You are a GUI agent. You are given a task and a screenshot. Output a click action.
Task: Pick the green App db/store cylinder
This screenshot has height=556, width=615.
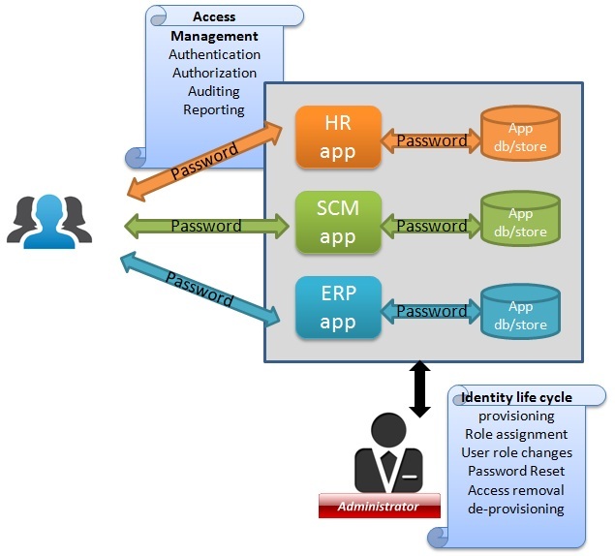[x=520, y=222]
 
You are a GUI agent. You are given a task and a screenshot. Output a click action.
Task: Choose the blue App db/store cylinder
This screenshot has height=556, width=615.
[x=520, y=307]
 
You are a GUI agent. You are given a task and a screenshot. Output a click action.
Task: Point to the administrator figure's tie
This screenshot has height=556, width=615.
[x=387, y=466]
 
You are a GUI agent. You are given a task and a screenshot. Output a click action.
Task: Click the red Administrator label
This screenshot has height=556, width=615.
[x=379, y=507]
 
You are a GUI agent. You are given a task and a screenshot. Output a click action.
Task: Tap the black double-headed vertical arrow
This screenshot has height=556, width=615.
[x=419, y=389]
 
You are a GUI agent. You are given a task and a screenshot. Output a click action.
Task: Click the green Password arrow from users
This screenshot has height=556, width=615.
[x=206, y=226]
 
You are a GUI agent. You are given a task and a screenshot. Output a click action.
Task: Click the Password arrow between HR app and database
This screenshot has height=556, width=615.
[x=431, y=140]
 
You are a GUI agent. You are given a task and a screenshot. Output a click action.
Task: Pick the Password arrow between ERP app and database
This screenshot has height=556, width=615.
[x=431, y=311]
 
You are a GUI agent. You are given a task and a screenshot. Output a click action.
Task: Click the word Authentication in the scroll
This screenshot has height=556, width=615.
[x=214, y=54]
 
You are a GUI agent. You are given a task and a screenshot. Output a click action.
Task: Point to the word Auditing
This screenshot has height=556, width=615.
[x=214, y=91]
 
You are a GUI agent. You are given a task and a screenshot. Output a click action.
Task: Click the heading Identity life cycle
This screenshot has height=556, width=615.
[x=516, y=397]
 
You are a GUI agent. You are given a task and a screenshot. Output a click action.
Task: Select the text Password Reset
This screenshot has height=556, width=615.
[x=516, y=471]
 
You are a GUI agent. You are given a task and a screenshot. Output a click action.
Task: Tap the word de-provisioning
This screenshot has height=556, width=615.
[x=516, y=509]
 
